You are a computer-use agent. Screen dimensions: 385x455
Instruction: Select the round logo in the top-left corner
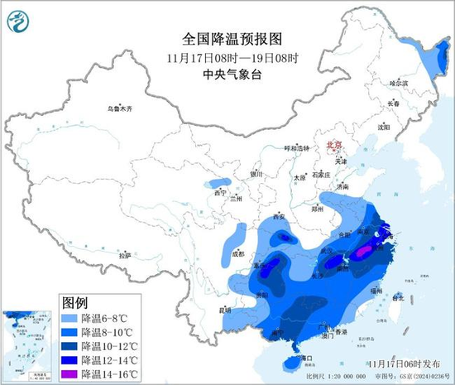pyautogui.click(x=17, y=19)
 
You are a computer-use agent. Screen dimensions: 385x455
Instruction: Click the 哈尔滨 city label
pyautogui.click(x=399, y=83)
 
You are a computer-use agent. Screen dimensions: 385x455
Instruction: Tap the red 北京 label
pyautogui.click(x=334, y=143)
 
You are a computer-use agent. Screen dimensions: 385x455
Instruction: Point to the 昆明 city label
pyautogui.click(x=225, y=310)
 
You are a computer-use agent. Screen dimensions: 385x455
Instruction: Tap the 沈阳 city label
pyautogui.click(x=383, y=128)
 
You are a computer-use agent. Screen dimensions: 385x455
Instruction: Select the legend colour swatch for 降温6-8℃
pyautogui.click(x=69, y=318)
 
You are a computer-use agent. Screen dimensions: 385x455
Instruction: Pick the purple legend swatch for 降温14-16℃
pyautogui.click(x=69, y=374)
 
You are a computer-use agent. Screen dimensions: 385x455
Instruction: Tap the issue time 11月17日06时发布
pyautogui.click(x=395, y=363)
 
